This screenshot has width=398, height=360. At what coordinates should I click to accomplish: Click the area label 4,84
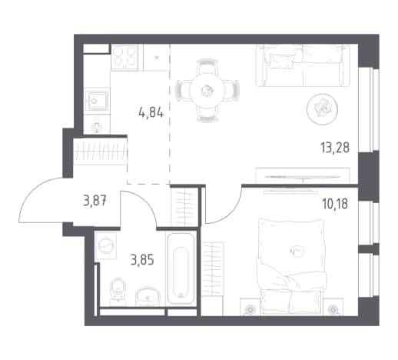pyautogui.click(x=151, y=112)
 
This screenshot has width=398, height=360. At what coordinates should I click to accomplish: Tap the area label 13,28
pyautogui.click(x=335, y=148)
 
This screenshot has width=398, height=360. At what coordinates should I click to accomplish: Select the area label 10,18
pyautogui.click(x=335, y=204)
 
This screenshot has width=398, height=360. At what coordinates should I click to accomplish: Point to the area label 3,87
pyautogui.click(x=95, y=201)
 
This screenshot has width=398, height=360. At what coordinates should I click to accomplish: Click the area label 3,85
pyautogui.click(x=142, y=260)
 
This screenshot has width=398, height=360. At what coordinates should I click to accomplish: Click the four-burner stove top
pyautogui.click(x=124, y=56)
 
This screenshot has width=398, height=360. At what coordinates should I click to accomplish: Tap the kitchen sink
pyautogui.click(x=97, y=101)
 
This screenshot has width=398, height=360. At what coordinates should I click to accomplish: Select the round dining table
pyautogui.click(x=207, y=90)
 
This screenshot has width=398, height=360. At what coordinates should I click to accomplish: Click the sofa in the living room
pyautogui.click(x=303, y=65)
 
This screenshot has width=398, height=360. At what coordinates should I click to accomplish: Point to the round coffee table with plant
pyautogui.click(x=322, y=109)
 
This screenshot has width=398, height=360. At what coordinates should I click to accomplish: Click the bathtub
pyautogui.click(x=181, y=268)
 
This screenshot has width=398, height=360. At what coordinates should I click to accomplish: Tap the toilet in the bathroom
pyautogui.click(x=118, y=292)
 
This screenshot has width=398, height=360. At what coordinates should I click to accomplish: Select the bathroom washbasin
pyautogui.click(x=148, y=297)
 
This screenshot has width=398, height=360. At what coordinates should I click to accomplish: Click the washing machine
pyautogui.click(x=105, y=245)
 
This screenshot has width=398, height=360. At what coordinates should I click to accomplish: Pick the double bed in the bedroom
pyautogui.click(x=293, y=267)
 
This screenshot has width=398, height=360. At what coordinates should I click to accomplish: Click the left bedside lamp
pyautogui.click(x=249, y=310)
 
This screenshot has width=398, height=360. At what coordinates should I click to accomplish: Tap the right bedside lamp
pyautogui.click(x=333, y=310)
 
